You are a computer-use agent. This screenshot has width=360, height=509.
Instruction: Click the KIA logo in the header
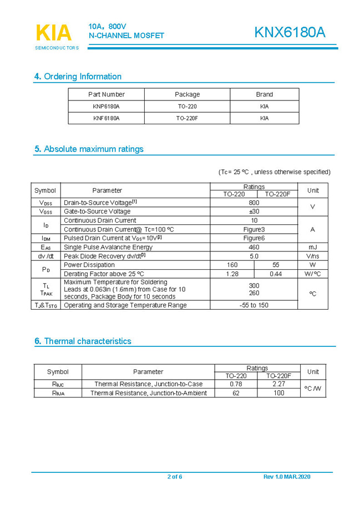(54, 33)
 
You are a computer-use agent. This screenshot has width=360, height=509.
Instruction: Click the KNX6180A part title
(290, 33)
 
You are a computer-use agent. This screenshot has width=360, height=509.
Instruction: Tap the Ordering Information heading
(78, 77)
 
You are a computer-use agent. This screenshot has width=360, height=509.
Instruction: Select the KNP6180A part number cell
(106, 106)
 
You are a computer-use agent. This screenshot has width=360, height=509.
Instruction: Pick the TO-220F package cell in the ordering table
(187, 118)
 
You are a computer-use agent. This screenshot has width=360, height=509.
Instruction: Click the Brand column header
(264, 94)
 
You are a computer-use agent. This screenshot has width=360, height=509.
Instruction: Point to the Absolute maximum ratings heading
(89, 149)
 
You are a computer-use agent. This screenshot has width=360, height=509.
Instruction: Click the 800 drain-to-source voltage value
(253, 203)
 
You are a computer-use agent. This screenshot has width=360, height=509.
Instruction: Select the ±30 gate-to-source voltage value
(253, 211)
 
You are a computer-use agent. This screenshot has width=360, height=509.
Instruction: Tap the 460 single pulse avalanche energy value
(253, 247)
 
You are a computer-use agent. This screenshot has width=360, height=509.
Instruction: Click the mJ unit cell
(313, 247)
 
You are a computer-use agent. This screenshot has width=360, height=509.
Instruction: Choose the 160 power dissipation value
(232, 265)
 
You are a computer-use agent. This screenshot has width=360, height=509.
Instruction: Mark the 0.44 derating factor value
(275, 274)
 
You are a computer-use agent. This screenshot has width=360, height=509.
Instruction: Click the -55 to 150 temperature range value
(253, 305)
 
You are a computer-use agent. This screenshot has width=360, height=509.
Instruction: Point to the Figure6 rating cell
(253, 238)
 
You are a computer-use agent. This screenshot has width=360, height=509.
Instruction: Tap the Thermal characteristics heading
(83, 341)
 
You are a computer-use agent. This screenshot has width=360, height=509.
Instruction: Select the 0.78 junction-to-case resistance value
(236, 384)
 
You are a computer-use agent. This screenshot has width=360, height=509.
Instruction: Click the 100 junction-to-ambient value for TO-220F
(278, 393)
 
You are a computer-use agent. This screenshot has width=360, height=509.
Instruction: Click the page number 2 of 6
(174, 477)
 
